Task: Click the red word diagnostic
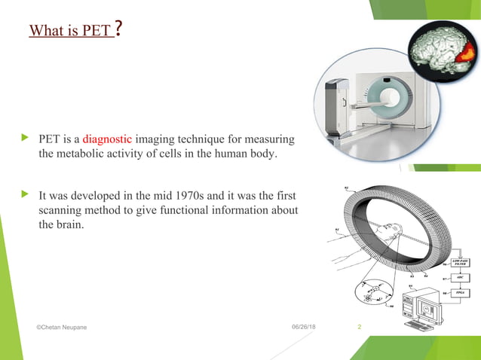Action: (108, 139)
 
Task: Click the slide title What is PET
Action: (70, 31)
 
